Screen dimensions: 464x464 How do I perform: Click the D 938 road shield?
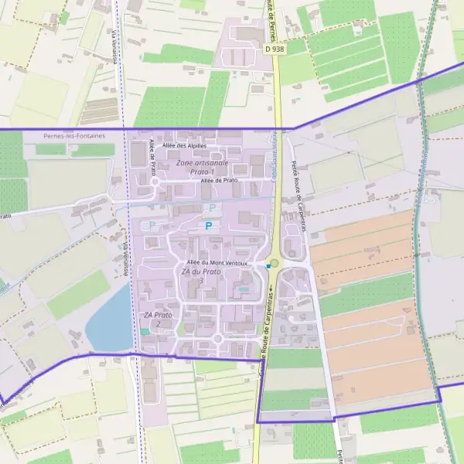point(273,49)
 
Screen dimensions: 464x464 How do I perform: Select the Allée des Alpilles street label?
point(184,145)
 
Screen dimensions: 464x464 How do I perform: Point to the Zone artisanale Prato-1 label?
point(202,167)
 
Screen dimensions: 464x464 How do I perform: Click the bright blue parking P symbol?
point(207,226)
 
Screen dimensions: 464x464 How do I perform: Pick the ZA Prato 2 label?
point(158,319)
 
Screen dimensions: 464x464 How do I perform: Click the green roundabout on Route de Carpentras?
point(274,263)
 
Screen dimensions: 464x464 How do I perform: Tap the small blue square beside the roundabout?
point(268,266)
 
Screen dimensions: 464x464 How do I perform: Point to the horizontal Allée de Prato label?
point(219,180)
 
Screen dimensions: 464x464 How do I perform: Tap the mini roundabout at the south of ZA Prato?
point(217,338)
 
